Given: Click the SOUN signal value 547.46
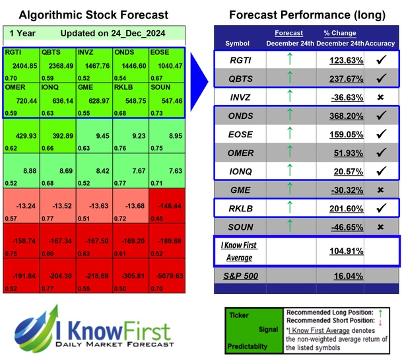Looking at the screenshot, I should pos(165,100).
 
